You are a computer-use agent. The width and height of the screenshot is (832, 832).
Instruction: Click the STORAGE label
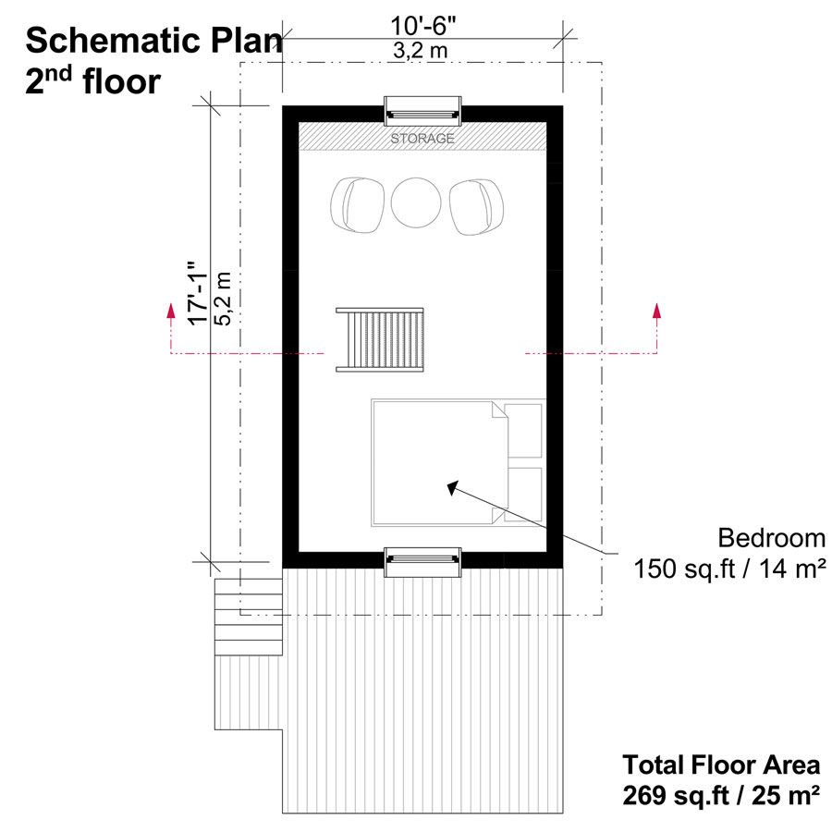pyautogui.click(x=422, y=139)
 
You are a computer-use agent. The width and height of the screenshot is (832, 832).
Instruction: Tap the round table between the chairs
pyautogui.click(x=416, y=202)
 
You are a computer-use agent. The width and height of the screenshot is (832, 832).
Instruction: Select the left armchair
pyautogui.click(x=357, y=205)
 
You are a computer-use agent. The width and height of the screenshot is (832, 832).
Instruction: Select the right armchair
pyautogui.click(x=476, y=206)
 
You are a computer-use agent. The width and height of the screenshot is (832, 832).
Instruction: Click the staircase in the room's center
pyautogui.click(x=380, y=339)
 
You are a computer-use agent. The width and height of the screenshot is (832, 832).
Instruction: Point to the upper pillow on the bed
pyautogui.click(x=522, y=430)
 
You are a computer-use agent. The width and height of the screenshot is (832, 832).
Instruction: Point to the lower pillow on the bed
pyautogui.click(x=522, y=494)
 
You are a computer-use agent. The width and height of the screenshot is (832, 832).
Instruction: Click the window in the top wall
pyautogui.click(x=422, y=112)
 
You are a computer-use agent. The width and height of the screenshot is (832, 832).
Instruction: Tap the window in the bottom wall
pyautogui.click(x=422, y=561)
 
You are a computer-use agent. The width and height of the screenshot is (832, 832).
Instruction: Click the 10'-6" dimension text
pyautogui.click(x=423, y=26)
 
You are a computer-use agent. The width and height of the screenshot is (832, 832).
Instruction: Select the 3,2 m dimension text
pyautogui.click(x=421, y=51)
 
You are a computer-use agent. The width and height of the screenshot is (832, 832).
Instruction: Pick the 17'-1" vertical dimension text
pyautogui.click(x=199, y=292)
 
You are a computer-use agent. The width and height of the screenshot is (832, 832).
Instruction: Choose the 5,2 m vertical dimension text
pyautogui.click(x=223, y=299)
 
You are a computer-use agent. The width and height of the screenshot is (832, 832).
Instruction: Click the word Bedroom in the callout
pyautogui.click(x=772, y=538)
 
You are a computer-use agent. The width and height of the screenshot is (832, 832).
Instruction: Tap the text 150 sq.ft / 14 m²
pyautogui.click(x=729, y=569)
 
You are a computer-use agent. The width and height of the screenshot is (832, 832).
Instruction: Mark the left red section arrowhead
pyautogui.click(x=171, y=311)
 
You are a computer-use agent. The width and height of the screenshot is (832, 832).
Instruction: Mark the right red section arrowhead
pyautogui.click(x=657, y=311)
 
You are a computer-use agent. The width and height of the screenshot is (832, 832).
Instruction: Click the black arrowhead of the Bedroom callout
pyautogui.click(x=453, y=487)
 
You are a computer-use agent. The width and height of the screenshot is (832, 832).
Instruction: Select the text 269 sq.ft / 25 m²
pyautogui.click(x=720, y=795)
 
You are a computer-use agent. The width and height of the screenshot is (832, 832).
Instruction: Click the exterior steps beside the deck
pyautogui.click(x=249, y=618)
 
